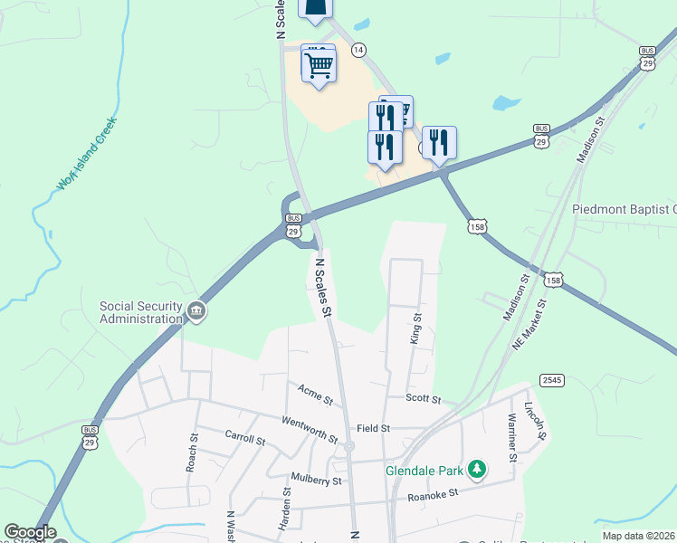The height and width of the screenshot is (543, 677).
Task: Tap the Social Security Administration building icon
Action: (x=195, y=313)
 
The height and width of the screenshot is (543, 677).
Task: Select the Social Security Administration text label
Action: (x=140, y=312)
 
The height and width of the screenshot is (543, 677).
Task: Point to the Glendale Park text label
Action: (x=424, y=472)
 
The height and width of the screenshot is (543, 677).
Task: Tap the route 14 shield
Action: (x=359, y=50)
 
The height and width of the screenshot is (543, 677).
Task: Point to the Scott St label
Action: (x=423, y=398)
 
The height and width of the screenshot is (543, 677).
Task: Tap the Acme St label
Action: (x=316, y=395)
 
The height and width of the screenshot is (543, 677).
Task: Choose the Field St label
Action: (x=373, y=428)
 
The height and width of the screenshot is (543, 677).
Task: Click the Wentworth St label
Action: (x=310, y=428)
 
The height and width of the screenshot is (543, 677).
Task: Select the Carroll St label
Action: (x=245, y=440)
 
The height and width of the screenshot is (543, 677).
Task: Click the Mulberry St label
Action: (x=316, y=481)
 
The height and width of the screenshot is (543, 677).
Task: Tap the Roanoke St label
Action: (x=434, y=494)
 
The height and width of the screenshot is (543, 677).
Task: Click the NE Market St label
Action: (x=534, y=323)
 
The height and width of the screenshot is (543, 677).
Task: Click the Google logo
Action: (x=30, y=533)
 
